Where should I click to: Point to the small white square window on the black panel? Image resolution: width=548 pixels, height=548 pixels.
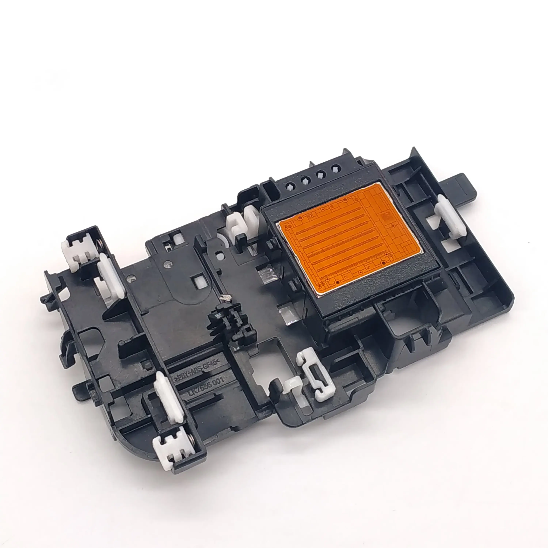pos(197,281)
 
